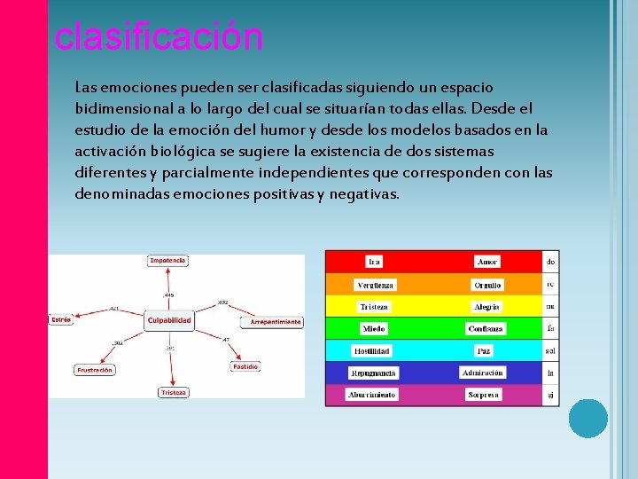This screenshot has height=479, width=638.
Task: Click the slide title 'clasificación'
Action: point(159,37)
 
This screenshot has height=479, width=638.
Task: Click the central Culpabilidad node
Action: point(168,319)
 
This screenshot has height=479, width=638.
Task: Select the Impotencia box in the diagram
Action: point(167,261)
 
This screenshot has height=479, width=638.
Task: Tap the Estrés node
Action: point(61,319)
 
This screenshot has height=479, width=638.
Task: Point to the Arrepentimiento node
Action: point(276,322)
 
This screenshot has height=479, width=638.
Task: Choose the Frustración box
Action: point(94,370)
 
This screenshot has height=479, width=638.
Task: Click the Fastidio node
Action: point(245,366)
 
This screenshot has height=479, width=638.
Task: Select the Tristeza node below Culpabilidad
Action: point(173,392)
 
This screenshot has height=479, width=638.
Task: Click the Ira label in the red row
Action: point(375,262)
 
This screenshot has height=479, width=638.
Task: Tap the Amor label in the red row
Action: point(487,262)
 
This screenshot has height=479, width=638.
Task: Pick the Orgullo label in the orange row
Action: point(486,285)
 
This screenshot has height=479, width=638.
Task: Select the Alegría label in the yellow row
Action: point(486,307)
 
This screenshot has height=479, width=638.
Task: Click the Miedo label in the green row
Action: point(374,329)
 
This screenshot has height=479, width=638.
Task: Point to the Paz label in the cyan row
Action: point(484,350)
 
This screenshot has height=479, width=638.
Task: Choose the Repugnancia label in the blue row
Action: point(373,373)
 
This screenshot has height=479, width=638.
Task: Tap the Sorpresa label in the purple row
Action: point(484,395)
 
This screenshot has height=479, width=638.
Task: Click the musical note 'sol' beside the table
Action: point(551,350)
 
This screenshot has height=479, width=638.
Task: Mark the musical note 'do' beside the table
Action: point(551,262)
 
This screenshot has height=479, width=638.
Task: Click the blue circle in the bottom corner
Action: point(588,418)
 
